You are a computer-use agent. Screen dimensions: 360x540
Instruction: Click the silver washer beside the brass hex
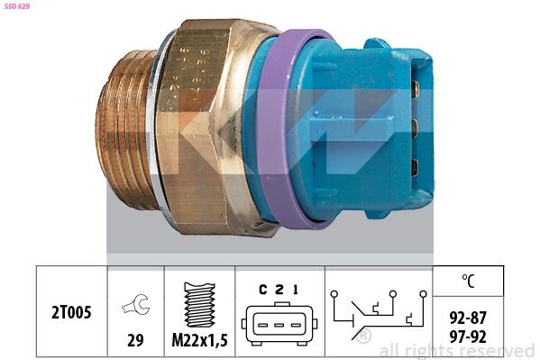point(160,126)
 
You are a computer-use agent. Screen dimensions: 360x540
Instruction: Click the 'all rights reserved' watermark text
point(456,350)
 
